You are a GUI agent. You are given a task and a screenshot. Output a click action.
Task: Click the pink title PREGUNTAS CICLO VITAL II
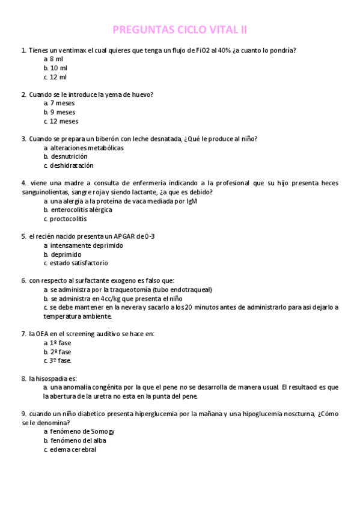[x=180, y=29]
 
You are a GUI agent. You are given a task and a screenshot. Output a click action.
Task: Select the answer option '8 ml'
[x=56, y=59]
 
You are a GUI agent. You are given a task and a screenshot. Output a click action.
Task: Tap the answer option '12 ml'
[x=58, y=77]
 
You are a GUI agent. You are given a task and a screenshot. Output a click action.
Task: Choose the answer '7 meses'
[x=62, y=103]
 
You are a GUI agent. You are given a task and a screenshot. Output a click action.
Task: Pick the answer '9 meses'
[x=63, y=112]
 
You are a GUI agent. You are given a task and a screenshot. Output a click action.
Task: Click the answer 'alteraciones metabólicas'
[x=87, y=147]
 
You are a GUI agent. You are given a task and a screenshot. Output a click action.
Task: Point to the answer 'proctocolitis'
[x=69, y=219]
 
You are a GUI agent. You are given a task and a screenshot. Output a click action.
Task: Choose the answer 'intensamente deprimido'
[x=87, y=245]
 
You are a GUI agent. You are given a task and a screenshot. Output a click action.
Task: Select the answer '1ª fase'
[x=60, y=343]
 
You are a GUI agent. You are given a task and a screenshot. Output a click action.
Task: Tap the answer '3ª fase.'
[x=61, y=361]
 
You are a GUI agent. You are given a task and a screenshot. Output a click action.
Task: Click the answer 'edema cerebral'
[x=73, y=449]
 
